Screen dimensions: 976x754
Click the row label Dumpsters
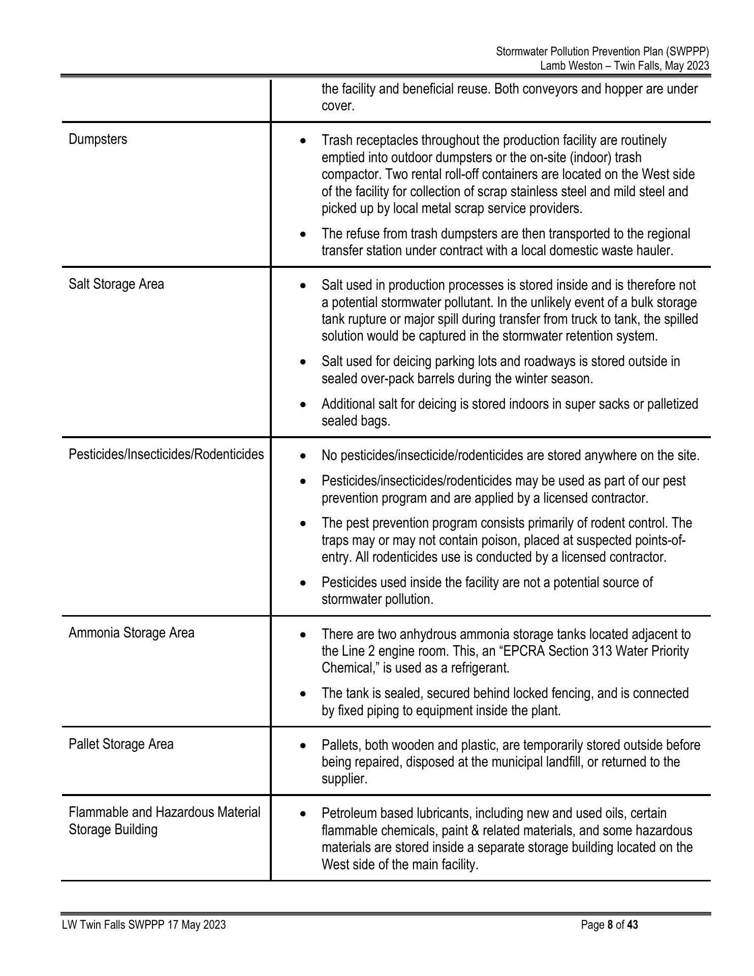(98, 139)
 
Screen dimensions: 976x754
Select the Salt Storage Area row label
(116, 284)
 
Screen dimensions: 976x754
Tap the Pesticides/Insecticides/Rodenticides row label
(166, 454)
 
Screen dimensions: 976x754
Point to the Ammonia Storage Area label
(131, 633)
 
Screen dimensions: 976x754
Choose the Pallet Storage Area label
(121, 744)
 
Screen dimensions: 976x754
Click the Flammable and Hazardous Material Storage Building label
(164, 821)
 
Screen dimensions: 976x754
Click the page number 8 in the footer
(610, 925)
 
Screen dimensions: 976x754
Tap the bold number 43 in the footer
(632, 925)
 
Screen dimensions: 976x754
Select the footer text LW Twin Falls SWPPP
(113, 925)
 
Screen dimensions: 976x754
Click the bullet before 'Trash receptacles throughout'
(303, 140)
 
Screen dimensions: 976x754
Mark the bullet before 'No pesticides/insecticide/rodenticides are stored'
(303, 456)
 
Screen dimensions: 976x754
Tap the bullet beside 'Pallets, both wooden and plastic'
(303, 746)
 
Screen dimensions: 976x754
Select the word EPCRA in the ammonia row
(511, 651)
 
